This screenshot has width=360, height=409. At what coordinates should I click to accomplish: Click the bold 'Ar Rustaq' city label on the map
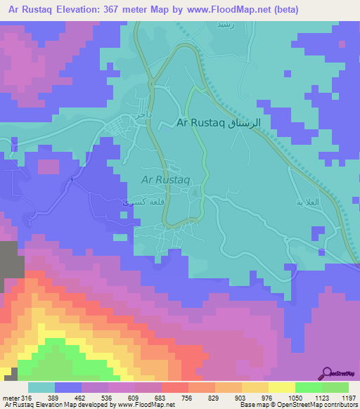[x=202, y=123]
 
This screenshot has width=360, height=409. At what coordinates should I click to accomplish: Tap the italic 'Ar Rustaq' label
[x=167, y=180]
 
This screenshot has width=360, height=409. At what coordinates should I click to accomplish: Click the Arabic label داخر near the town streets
[x=138, y=113]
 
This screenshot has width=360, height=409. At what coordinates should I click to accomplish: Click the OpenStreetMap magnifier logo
[x=328, y=373]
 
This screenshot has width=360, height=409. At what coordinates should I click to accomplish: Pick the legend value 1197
[x=340, y=398]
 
